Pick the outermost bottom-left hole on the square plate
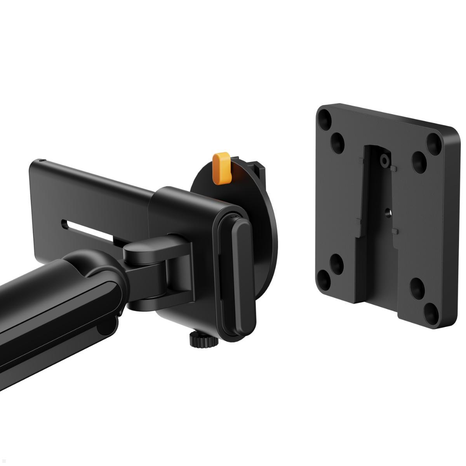tap(323, 277)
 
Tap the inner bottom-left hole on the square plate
tap(336, 262)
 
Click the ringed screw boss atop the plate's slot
tap(384, 160)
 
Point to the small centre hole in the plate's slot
tap(387, 212)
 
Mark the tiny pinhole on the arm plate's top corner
tap(42, 160)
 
